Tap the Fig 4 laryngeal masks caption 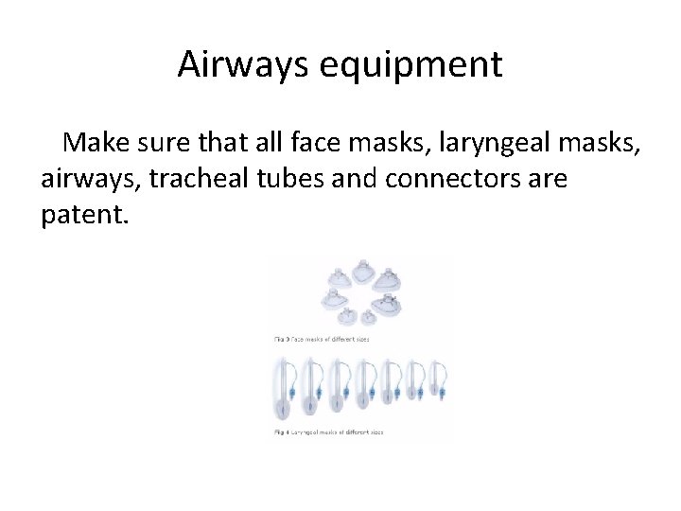click(330, 431)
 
